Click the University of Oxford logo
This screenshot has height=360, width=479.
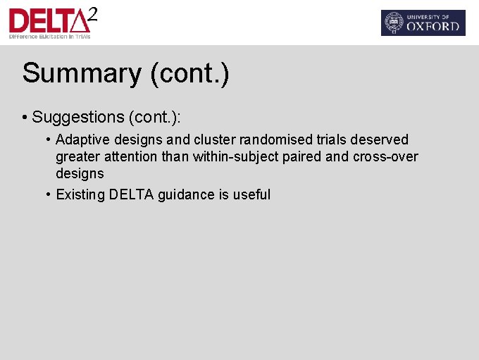click(x=423, y=23)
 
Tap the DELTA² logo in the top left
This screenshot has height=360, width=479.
click(x=49, y=22)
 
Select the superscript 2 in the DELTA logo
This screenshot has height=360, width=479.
click(x=92, y=13)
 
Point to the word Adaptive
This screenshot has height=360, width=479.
click(x=82, y=139)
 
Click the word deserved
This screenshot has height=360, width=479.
click(x=381, y=139)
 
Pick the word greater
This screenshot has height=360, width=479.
click(x=78, y=156)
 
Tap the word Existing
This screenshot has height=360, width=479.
click(x=80, y=194)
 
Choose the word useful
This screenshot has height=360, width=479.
click(x=251, y=194)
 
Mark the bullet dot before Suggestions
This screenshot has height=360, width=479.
click(x=25, y=116)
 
